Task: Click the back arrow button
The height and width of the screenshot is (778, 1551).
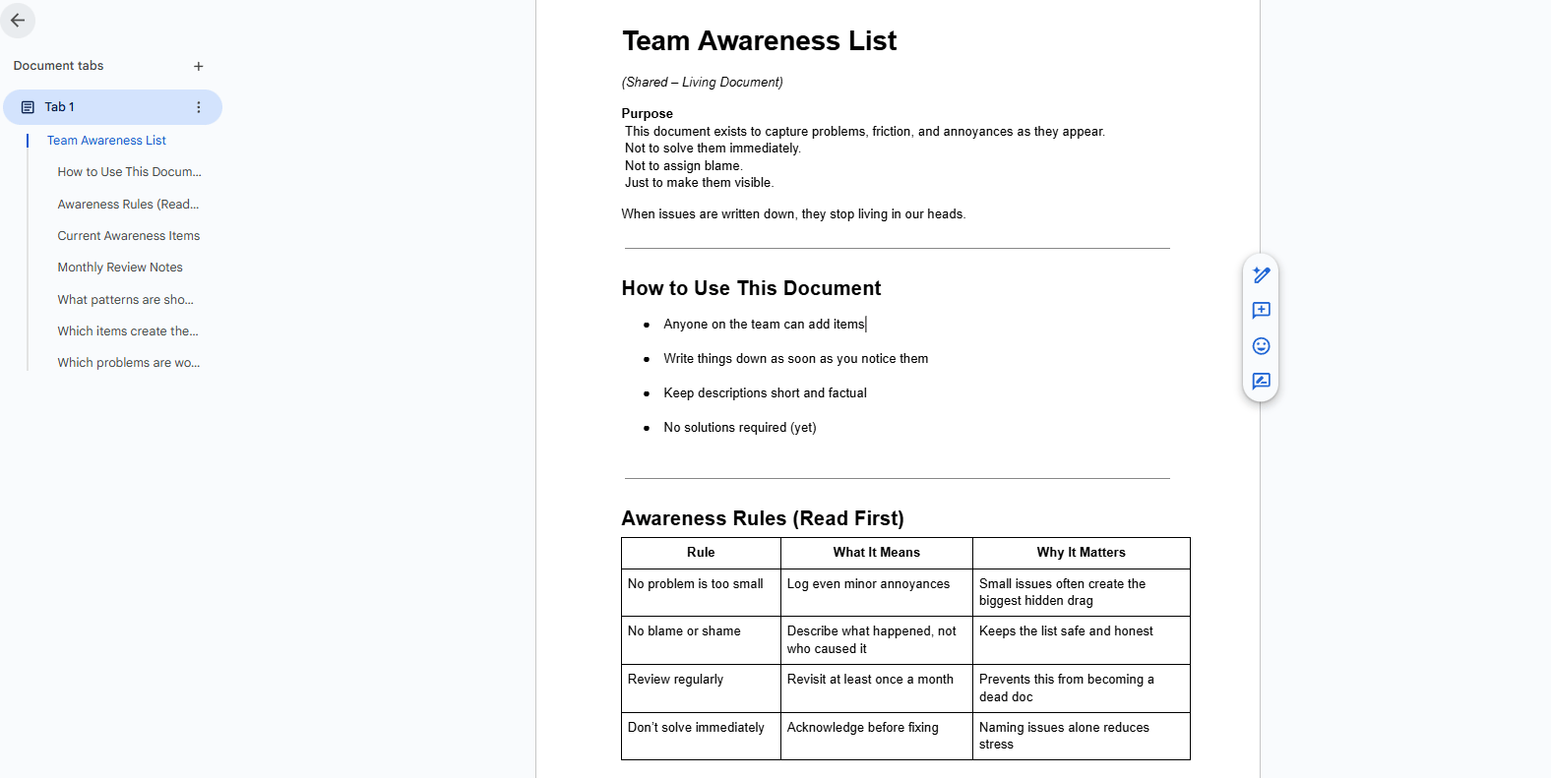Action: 18,20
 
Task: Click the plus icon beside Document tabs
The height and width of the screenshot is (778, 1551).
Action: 199,66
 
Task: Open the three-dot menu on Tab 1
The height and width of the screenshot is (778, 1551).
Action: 199,107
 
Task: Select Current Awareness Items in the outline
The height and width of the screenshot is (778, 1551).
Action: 128,236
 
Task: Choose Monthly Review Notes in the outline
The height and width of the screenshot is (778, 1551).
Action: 120,268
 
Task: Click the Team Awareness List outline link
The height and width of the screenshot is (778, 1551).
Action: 106,141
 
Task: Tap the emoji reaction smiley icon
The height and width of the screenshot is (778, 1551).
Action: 1261,346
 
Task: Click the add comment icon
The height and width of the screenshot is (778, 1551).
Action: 1261,311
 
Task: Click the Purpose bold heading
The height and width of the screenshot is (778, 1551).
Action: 647,113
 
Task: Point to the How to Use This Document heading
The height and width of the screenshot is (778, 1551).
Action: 751,288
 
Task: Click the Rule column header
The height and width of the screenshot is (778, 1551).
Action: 701,553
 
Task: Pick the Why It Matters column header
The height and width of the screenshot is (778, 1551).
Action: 1081,553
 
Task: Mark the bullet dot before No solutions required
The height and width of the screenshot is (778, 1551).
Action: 647,428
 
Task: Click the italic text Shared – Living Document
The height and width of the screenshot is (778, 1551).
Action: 702,83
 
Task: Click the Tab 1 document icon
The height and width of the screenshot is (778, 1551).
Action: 28,107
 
